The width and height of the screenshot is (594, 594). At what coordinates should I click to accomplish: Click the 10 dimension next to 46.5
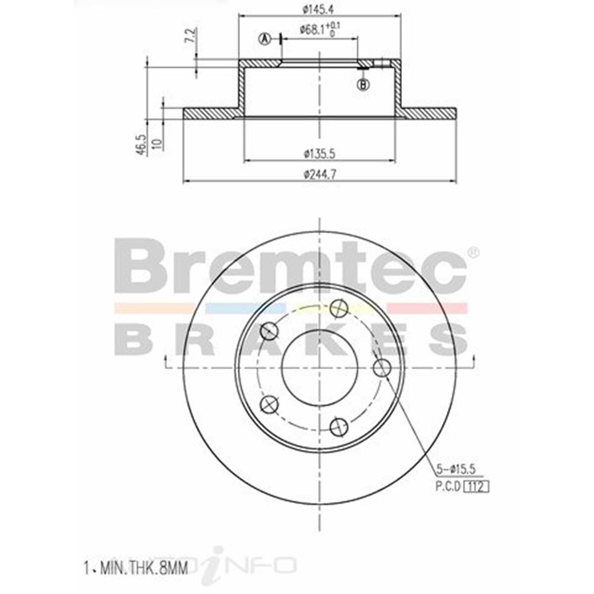tap(157, 144)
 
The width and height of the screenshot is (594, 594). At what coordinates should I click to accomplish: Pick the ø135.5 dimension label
tap(320, 154)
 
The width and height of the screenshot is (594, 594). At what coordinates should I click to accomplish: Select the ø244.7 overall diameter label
tap(320, 174)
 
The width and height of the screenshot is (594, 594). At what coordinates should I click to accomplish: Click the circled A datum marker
tap(265, 39)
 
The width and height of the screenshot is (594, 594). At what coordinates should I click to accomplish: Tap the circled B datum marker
tap(364, 85)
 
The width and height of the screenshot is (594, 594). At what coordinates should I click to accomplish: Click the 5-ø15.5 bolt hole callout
tap(455, 468)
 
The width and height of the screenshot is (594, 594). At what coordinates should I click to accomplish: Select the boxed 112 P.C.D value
tap(476, 487)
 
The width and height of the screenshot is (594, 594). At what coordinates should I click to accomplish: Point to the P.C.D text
tap(448, 487)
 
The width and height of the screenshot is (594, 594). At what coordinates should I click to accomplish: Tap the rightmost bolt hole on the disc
tap(382, 368)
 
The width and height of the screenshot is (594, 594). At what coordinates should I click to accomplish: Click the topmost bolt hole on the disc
tap(339, 309)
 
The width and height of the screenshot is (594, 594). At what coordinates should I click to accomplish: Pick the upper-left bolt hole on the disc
tap(269, 331)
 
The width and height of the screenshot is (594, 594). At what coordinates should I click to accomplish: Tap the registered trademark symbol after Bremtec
tap(473, 252)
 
